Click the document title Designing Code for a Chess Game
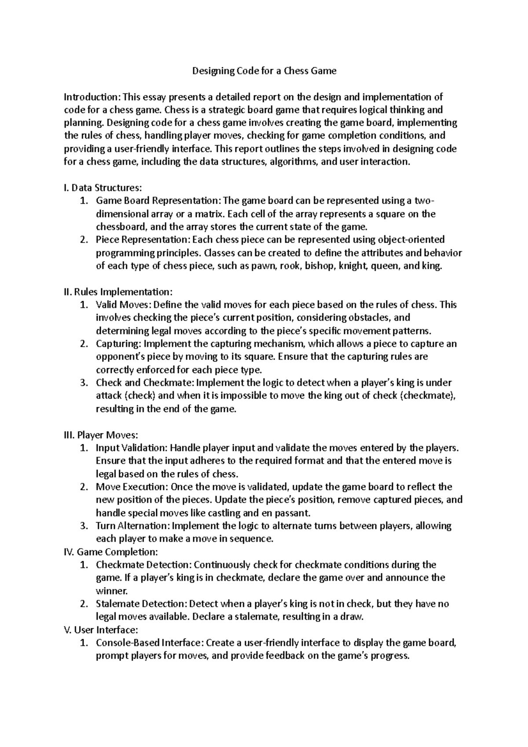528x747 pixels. pyautogui.click(x=264, y=71)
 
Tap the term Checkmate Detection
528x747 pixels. pyautogui.click(x=143, y=565)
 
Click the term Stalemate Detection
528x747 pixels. pyautogui.click(x=142, y=604)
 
